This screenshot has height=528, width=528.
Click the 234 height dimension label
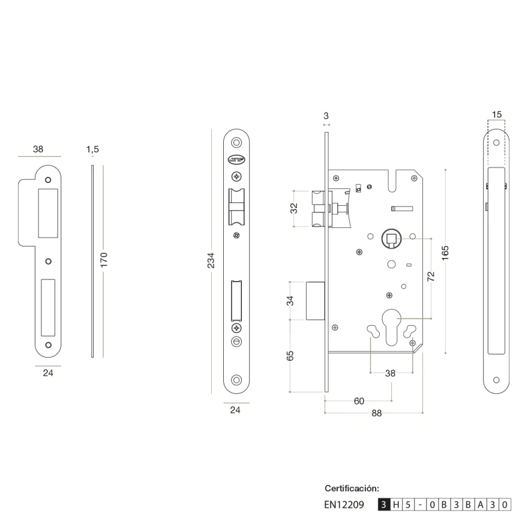point(211,260)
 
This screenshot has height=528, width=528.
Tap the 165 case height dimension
point(445,253)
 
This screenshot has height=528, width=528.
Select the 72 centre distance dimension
point(431,277)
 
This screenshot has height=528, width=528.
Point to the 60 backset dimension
point(359,401)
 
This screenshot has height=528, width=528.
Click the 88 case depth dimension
point(376,413)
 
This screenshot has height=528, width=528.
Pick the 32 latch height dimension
point(294,208)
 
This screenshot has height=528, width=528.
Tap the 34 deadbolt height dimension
point(290,301)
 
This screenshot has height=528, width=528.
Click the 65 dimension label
point(290,356)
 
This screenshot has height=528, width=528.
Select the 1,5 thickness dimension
point(92,149)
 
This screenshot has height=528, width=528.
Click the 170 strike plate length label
point(104,260)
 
